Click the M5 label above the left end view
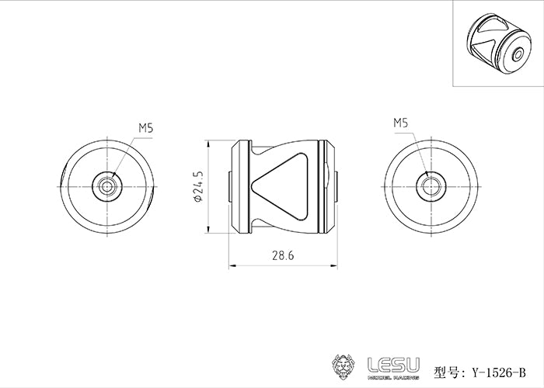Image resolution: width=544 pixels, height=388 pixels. coord(146,127)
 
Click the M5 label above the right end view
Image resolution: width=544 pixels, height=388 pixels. coord(401,123)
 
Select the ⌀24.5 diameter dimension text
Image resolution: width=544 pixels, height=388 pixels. coord(199,186)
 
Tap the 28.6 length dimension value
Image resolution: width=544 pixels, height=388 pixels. coord(284,255)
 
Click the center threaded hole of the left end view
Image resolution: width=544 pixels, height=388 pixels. coord(106,185)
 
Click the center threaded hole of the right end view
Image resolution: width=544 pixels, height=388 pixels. coord(430,185)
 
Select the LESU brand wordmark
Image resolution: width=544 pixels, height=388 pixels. coord(392,361)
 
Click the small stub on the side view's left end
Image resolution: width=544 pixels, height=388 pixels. coord(231,186)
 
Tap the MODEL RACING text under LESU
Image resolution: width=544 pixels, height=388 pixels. coord(392,376)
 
